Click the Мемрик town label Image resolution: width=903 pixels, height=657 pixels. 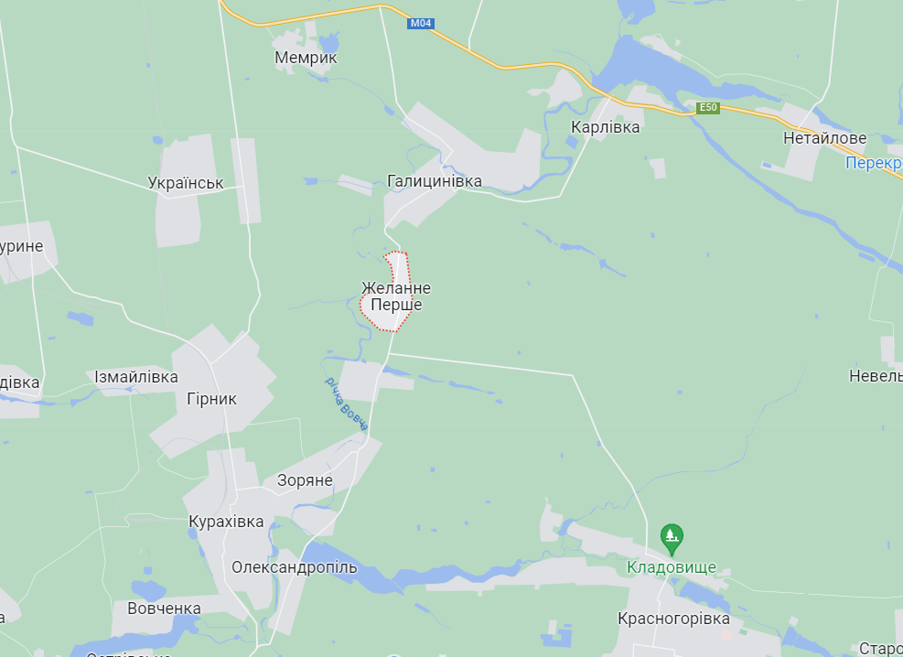(306, 58)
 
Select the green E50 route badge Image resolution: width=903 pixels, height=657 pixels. (708, 108)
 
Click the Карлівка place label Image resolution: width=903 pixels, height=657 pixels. (605, 127)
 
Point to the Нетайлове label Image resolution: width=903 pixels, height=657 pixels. (824, 138)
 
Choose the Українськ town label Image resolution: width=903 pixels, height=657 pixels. (186, 183)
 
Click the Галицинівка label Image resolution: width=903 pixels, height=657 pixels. (435, 181)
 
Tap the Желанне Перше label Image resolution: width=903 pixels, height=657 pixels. (396, 296)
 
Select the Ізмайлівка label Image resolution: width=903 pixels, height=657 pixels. (136, 377)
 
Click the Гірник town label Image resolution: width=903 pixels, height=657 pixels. (211, 399)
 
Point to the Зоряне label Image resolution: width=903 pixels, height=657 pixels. (305, 480)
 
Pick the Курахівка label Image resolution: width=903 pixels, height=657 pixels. (226, 522)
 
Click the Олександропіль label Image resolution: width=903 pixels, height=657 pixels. (294, 567)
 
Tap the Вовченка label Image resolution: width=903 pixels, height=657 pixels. (164, 609)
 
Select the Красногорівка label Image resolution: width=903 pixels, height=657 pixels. (673, 619)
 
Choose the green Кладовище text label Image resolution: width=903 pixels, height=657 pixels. (671, 567)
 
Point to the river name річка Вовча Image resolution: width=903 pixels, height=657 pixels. (347, 404)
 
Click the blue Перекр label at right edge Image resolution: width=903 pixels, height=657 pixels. (873, 163)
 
